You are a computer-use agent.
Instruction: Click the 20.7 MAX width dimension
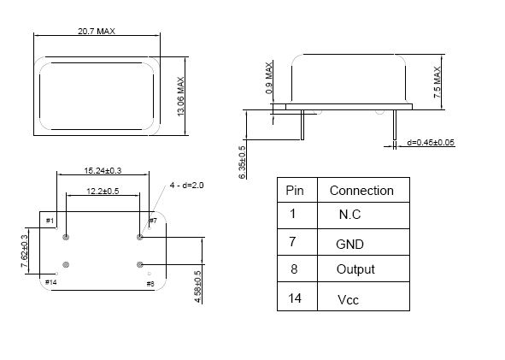point(97,32)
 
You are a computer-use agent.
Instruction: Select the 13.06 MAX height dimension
point(180,97)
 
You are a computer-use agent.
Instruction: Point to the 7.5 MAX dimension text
point(437,82)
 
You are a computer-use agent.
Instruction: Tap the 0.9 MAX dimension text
point(269,78)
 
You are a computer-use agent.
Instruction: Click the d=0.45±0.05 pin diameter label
point(431,143)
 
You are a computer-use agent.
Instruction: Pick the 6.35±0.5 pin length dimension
point(242,162)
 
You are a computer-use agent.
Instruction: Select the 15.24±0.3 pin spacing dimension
point(103,170)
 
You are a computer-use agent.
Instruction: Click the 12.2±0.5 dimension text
point(103,192)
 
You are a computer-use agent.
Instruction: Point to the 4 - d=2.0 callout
point(187,186)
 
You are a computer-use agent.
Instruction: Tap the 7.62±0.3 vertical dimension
point(25,251)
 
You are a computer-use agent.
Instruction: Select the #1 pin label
point(50,221)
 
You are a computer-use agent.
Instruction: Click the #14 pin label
point(51,282)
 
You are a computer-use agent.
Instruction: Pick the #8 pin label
point(150,284)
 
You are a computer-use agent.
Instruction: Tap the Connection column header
point(361,191)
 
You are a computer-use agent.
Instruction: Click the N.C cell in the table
point(349,215)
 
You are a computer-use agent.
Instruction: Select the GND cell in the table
point(349,245)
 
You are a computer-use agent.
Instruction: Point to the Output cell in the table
point(355,269)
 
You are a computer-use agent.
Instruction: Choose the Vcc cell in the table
point(348,300)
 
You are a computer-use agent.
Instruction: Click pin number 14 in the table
point(295,298)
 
